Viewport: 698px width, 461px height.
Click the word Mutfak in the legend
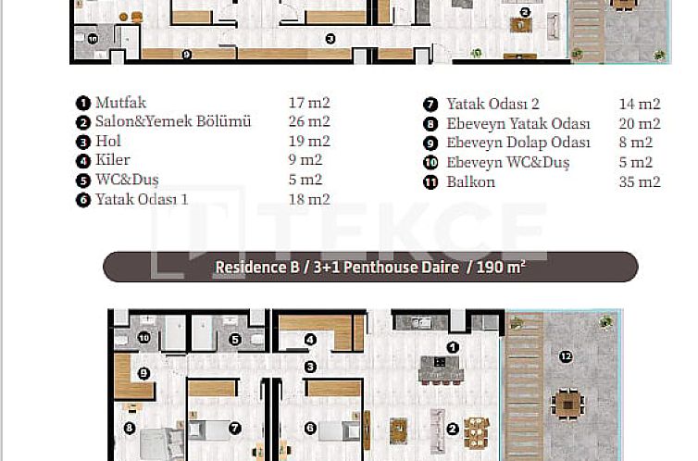tap(120, 103)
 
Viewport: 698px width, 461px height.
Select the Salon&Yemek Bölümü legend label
tap(172, 122)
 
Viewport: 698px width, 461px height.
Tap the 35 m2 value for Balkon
tap(640, 181)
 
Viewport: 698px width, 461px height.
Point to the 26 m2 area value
tap(309, 122)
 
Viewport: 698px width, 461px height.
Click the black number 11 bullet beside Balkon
tap(430, 182)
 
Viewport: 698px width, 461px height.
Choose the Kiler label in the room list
tap(113, 161)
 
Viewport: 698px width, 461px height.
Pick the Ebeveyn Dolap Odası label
tap(517, 143)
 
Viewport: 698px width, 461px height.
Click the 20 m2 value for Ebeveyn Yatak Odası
tap(640, 124)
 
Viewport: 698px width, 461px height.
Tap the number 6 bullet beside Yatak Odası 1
tap(82, 200)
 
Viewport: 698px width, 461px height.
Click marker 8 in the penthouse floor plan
tap(130, 429)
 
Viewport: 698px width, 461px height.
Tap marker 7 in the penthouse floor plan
tap(235, 429)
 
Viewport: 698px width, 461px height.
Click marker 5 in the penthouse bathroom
tap(235, 339)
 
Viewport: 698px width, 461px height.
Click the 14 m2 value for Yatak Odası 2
tap(640, 105)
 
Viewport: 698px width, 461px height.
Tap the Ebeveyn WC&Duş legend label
tap(507, 163)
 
